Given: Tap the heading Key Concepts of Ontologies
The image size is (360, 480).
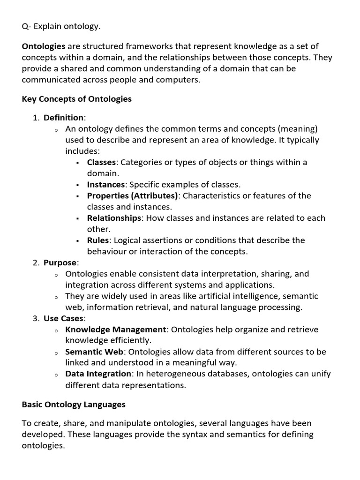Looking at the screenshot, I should coord(77,99).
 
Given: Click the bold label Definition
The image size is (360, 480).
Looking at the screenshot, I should coord(63,117).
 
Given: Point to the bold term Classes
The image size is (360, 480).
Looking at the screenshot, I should coord(101,162).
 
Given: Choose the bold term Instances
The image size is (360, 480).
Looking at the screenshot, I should coord(106,184).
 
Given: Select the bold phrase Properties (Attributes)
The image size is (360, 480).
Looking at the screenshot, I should coord(132,195).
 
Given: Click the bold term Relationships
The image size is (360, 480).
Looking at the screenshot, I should coord(114,218).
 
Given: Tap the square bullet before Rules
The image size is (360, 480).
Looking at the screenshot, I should coord(77,240).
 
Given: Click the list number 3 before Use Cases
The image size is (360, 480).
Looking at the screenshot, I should coord(36,318).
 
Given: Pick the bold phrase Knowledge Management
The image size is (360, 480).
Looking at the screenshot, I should coord(115,330).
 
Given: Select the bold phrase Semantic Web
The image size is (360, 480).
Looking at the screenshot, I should coord(94,352).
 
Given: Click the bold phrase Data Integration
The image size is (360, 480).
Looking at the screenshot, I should coord(98,374).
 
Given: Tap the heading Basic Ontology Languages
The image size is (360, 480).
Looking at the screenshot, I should coord(74,404).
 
